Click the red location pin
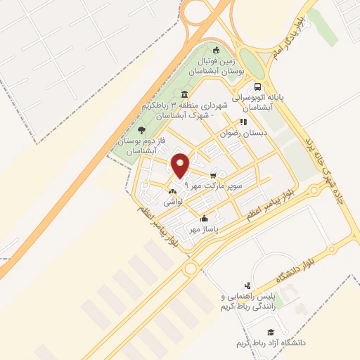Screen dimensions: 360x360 coord(181,165)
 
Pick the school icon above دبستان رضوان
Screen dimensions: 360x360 coord(244,121)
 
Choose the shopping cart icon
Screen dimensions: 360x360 coord(212,176)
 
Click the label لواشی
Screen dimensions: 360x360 coord(172,202)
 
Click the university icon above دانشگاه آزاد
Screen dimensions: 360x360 coord(270,331)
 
